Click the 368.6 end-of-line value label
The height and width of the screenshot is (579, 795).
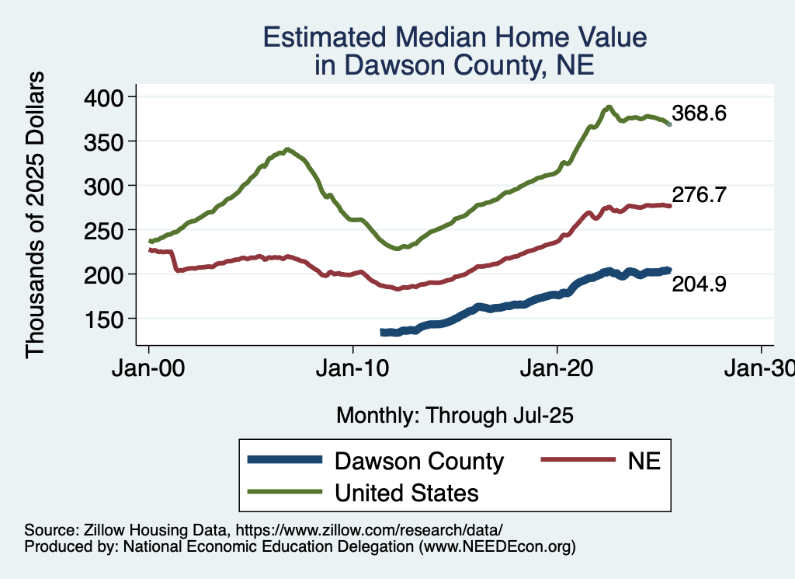(699, 113)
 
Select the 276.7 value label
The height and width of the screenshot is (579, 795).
(699, 195)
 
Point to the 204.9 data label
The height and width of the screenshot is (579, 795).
(699, 284)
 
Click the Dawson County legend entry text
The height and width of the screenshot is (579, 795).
(419, 461)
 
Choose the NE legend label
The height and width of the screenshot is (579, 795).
(644, 461)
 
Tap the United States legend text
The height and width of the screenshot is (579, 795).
(406, 493)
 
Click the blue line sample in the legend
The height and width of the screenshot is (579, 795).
(285, 460)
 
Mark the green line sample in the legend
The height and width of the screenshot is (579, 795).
(285, 492)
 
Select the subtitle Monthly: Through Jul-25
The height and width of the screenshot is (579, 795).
(454, 416)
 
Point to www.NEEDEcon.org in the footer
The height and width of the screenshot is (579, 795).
(497, 546)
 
